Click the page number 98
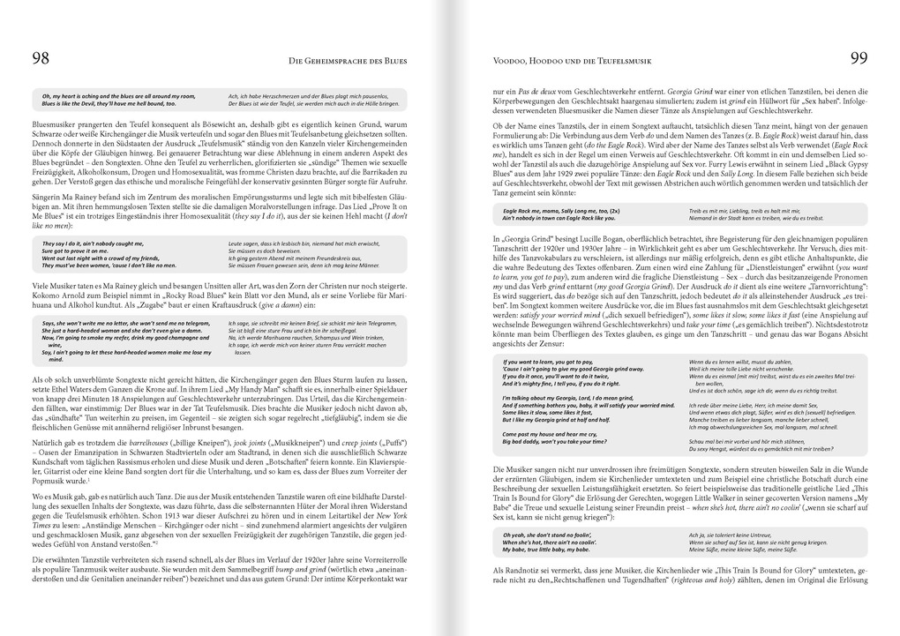[x=41, y=59]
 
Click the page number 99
[x=859, y=59]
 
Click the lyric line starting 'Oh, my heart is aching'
[x=119, y=95]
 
